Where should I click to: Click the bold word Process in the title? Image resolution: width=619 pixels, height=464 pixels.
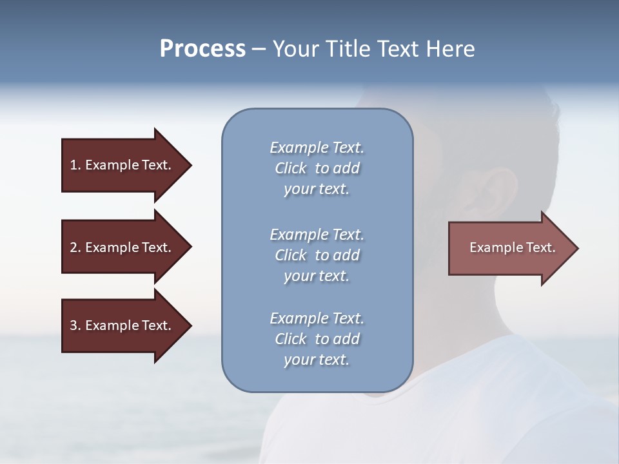click(202, 49)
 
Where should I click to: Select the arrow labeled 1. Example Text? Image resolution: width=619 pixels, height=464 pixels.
click(123, 165)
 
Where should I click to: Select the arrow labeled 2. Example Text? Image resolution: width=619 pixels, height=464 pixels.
click(123, 247)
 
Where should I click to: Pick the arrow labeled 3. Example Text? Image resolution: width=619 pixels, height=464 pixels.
click(123, 325)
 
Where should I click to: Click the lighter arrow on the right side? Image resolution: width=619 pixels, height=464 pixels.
click(509, 248)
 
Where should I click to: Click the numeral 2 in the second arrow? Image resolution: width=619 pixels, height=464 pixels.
click(74, 247)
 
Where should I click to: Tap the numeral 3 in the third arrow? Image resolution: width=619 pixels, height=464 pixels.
click(74, 325)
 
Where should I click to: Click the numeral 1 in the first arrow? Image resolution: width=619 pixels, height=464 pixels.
click(74, 165)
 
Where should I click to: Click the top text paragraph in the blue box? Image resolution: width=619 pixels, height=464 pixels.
click(317, 168)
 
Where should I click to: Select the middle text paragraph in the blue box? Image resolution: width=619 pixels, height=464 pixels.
click(317, 255)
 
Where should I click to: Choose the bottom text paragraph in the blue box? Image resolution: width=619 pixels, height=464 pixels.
click(317, 339)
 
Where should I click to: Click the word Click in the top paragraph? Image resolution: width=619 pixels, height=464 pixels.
click(290, 168)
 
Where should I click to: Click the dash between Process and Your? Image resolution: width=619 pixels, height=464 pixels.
click(259, 50)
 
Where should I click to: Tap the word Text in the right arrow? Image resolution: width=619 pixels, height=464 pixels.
click(540, 247)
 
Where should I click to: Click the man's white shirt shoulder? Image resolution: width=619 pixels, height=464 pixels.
click(490, 387)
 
